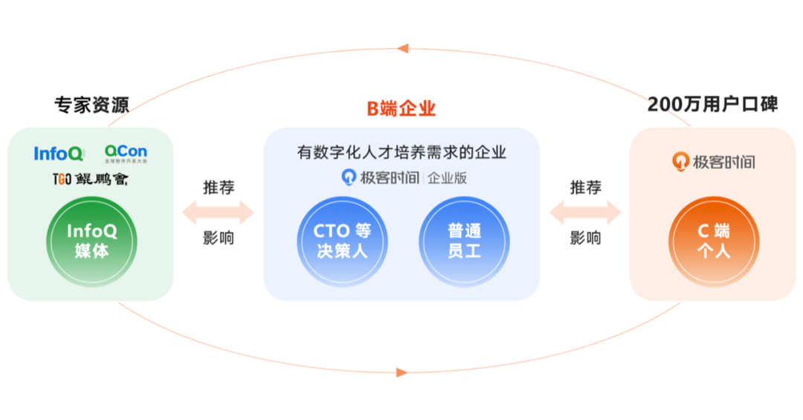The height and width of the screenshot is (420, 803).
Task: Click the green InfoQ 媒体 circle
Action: pyautogui.click(x=91, y=241)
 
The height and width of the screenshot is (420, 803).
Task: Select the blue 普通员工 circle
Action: pyautogui.click(x=464, y=241)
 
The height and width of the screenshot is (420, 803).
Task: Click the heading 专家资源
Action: pyautogui.click(x=91, y=105)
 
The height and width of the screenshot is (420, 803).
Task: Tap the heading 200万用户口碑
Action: pyautogui.click(x=712, y=104)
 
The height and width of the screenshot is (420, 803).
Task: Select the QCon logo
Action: pyautogui.click(x=126, y=154)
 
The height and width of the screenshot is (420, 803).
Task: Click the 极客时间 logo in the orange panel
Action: pyautogui.click(x=714, y=161)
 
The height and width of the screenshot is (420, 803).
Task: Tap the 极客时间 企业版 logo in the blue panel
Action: pyautogui.click(x=404, y=178)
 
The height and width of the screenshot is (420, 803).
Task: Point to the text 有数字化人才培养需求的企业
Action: pyautogui.click(x=401, y=153)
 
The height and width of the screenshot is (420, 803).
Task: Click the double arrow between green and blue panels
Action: pyautogui.click(x=218, y=213)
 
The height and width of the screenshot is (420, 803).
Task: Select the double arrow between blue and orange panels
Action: pyautogui.click(x=585, y=213)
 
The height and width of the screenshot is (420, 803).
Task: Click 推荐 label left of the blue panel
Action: pyautogui.click(x=219, y=187)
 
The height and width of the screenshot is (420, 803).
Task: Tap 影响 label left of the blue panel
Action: pyautogui.click(x=219, y=239)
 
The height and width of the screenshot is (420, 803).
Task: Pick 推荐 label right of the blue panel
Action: pyautogui.click(x=586, y=187)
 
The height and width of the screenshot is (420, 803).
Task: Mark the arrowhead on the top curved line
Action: pyautogui.click(x=402, y=48)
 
